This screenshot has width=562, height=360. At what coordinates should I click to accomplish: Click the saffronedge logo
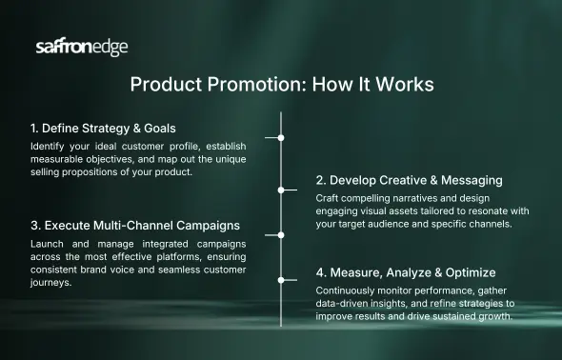tap(81, 48)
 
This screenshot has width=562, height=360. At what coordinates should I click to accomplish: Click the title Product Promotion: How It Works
tap(281, 84)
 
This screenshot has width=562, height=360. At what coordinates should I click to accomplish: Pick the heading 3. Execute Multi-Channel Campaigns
tap(133, 226)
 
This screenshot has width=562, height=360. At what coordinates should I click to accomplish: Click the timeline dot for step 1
tap(281, 138)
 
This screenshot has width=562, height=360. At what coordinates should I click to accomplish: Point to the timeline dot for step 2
tap(281, 190)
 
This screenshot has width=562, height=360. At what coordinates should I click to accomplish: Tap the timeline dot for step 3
tap(281, 234)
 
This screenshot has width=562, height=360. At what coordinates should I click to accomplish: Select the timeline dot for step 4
tap(281, 280)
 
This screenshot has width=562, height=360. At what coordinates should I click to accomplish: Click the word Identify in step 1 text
tap(49, 146)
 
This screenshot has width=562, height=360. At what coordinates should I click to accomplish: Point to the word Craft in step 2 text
tap(330, 197)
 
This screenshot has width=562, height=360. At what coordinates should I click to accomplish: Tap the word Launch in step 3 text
tap(50, 244)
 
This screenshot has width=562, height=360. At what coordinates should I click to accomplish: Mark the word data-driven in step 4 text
tap(345, 303)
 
